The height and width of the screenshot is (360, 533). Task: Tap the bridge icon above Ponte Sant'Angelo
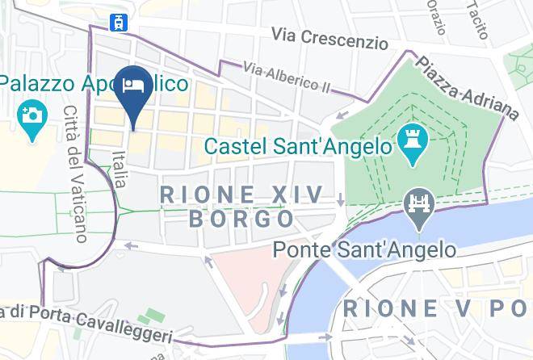click(x=420, y=203)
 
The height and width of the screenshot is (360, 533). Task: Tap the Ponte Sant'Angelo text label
click(x=363, y=250)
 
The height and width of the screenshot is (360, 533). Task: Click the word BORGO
click(x=241, y=219)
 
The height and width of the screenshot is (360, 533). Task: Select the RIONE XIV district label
click(x=241, y=194)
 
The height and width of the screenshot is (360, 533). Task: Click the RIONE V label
click(x=412, y=308)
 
